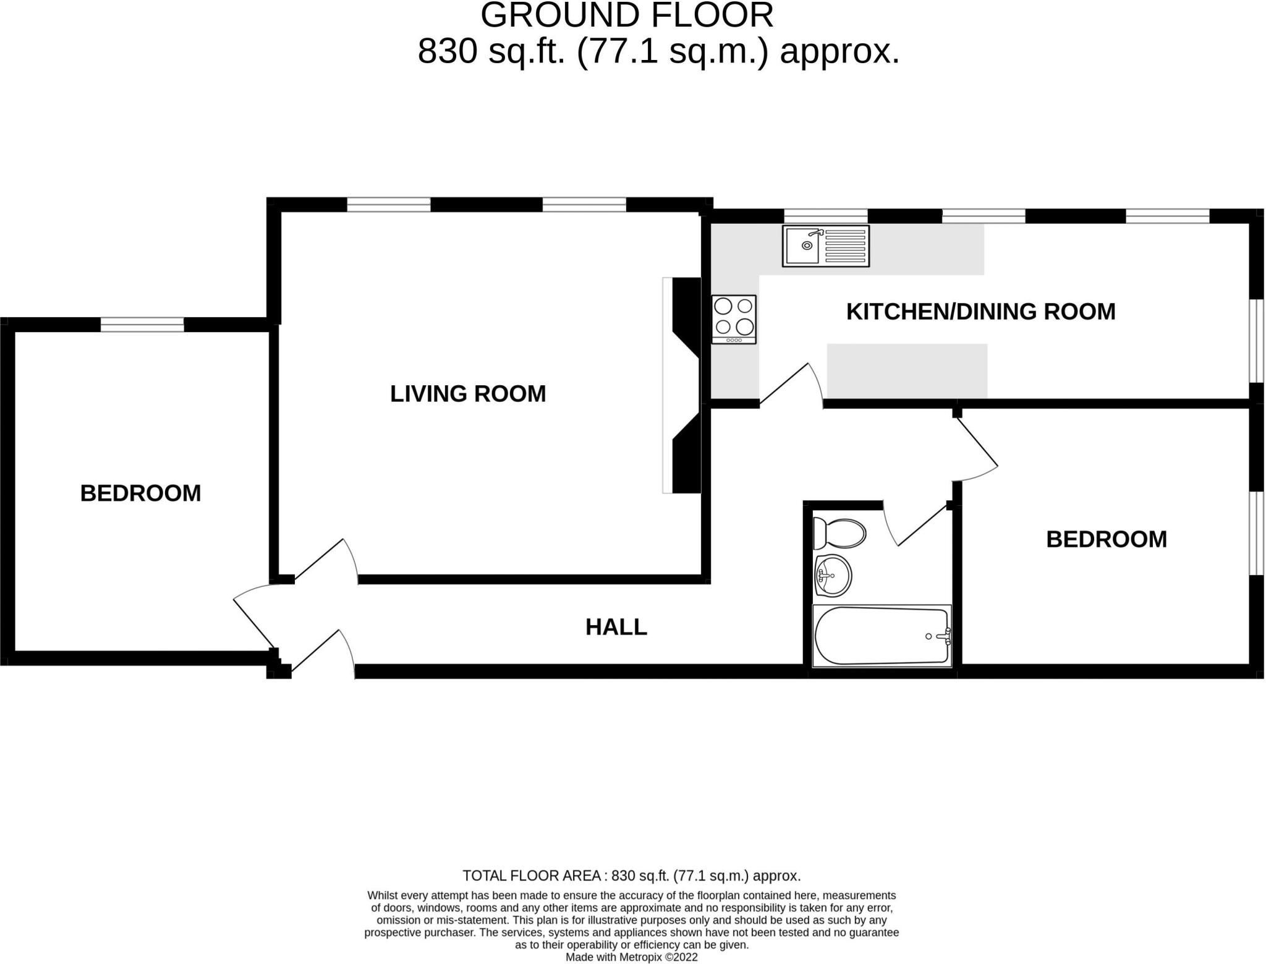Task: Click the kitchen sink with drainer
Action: click(825, 245)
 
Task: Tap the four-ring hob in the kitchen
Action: click(734, 319)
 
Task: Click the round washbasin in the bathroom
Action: click(833, 576)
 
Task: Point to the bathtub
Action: click(882, 636)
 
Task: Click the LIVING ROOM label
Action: click(468, 394)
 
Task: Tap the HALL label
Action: click(616, 627)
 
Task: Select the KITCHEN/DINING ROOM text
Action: click(980, 311)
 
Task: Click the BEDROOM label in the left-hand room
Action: click(140, 493)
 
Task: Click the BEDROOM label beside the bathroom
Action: click(1106, 539)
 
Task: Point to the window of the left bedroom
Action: click(142, 324)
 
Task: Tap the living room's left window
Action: click(388, 204)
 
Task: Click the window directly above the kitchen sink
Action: click(826, 216)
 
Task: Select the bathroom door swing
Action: click(915, 526)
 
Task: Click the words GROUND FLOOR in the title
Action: click(626, 15)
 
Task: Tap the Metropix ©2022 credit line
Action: click(631, 957)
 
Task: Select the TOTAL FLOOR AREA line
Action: click(631, 876)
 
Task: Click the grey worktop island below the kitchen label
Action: click(907, 370)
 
